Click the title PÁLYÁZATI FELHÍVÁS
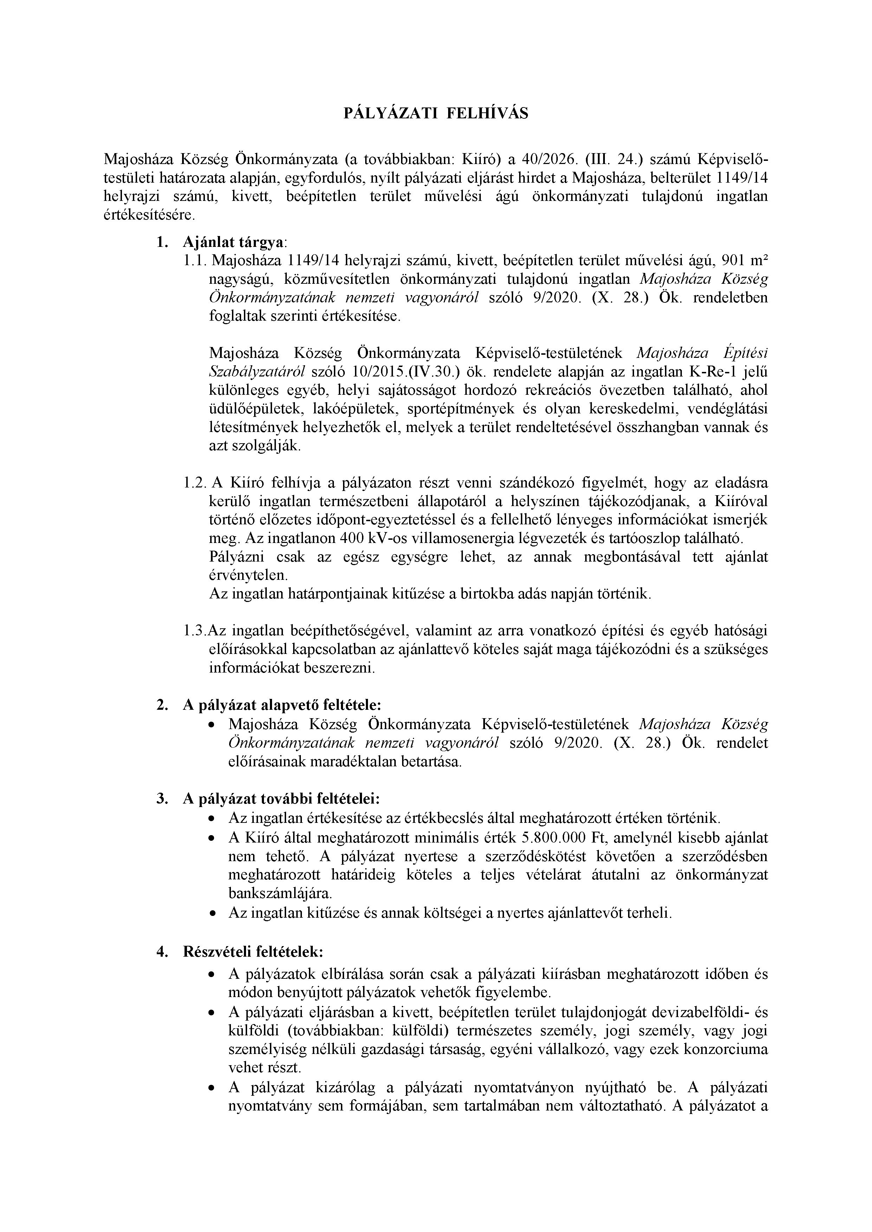tap(435, 114)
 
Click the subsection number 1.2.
tap(194, 483)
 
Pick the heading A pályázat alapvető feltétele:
tap(282, 705)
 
